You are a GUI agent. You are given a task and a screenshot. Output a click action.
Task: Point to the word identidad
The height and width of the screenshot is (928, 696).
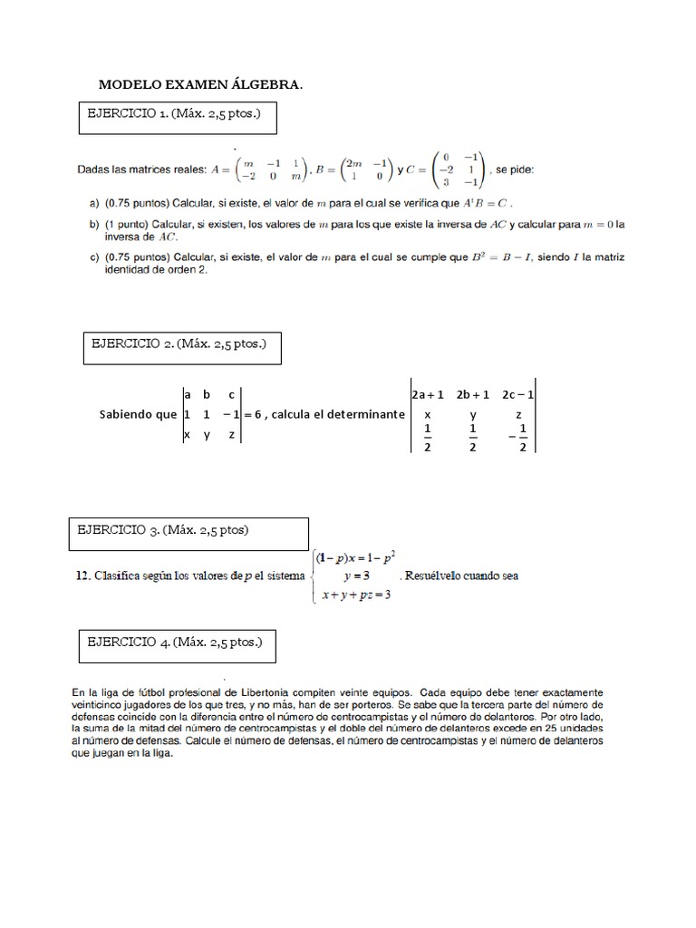(x=105, y=271)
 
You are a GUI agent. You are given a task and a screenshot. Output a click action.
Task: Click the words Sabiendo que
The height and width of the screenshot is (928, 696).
(x=139, y=413)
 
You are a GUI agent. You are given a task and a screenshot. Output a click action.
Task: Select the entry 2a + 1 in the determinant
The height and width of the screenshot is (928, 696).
(x=428, y=394)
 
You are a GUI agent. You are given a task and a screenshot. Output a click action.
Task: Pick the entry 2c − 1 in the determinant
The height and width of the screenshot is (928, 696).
(x=517, y=394)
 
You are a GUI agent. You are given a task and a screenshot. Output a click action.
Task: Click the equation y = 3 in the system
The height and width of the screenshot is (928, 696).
(x=355, y=575)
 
